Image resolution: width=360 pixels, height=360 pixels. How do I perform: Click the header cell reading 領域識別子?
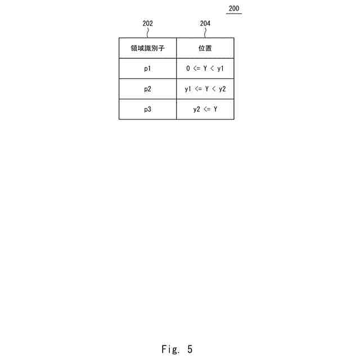tap(147, 48)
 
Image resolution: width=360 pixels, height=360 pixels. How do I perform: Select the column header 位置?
tap(205, 48)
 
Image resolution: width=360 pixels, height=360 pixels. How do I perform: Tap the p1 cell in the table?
tap(147, 69)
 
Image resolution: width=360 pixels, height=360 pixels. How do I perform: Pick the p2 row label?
tap(147, 89)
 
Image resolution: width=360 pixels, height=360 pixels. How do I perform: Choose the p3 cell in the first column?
tap(147, 109)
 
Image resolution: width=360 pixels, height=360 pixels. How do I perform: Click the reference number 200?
tap(234, 8)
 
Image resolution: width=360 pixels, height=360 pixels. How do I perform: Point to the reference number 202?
tap(148, 24)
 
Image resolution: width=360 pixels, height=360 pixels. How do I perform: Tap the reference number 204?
tap(205, 24)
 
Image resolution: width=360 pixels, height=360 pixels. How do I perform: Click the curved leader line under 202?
tap(148, 33)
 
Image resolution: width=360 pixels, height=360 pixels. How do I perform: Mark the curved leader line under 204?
tap(205, 33)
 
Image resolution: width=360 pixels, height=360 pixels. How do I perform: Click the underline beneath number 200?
tap(234, 13)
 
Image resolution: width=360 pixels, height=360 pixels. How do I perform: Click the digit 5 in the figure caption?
tap(190, 349)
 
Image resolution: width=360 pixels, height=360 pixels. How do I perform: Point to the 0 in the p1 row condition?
tap(188, 69)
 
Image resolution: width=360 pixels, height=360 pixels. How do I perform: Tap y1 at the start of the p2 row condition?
tap(188, 89)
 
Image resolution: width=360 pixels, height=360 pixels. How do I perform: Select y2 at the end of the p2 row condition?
tap(222, 89)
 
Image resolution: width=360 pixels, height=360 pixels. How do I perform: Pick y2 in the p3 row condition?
tap(196, 109)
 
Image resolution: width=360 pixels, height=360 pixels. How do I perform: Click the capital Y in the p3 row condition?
tap(215, 109)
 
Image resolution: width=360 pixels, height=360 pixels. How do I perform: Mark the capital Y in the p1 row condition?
tap(205, 69)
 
